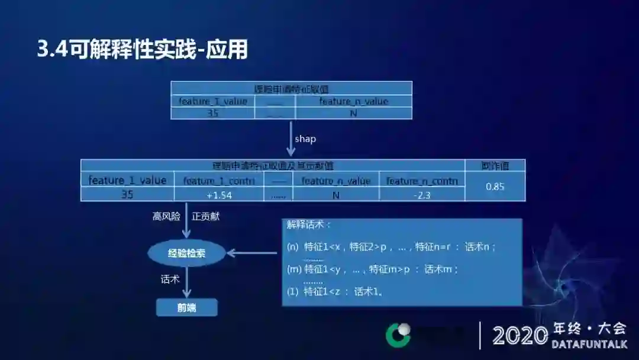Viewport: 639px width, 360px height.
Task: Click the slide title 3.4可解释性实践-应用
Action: coord(142,50)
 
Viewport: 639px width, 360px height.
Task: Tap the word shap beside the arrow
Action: coord(305,139)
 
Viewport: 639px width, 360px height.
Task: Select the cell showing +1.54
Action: coord(219,195)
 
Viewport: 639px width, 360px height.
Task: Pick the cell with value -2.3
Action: coord(422,195)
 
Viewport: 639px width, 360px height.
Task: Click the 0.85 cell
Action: coord(495,187)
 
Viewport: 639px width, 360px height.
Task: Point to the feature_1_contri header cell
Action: coord(219,181)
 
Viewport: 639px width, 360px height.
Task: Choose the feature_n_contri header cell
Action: coord(422,181)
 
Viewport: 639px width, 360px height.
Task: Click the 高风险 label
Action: coord(166,217)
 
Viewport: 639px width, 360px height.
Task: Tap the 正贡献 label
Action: coord(205,217)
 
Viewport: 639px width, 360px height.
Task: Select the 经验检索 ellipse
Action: coord(187,253)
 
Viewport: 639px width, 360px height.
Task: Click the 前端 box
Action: coord(186,307)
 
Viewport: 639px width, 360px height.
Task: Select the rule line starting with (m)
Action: coord(373,269)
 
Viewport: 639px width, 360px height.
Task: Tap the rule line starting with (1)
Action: coord(335,291)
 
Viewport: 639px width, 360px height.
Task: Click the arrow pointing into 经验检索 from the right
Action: coord(251,253)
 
